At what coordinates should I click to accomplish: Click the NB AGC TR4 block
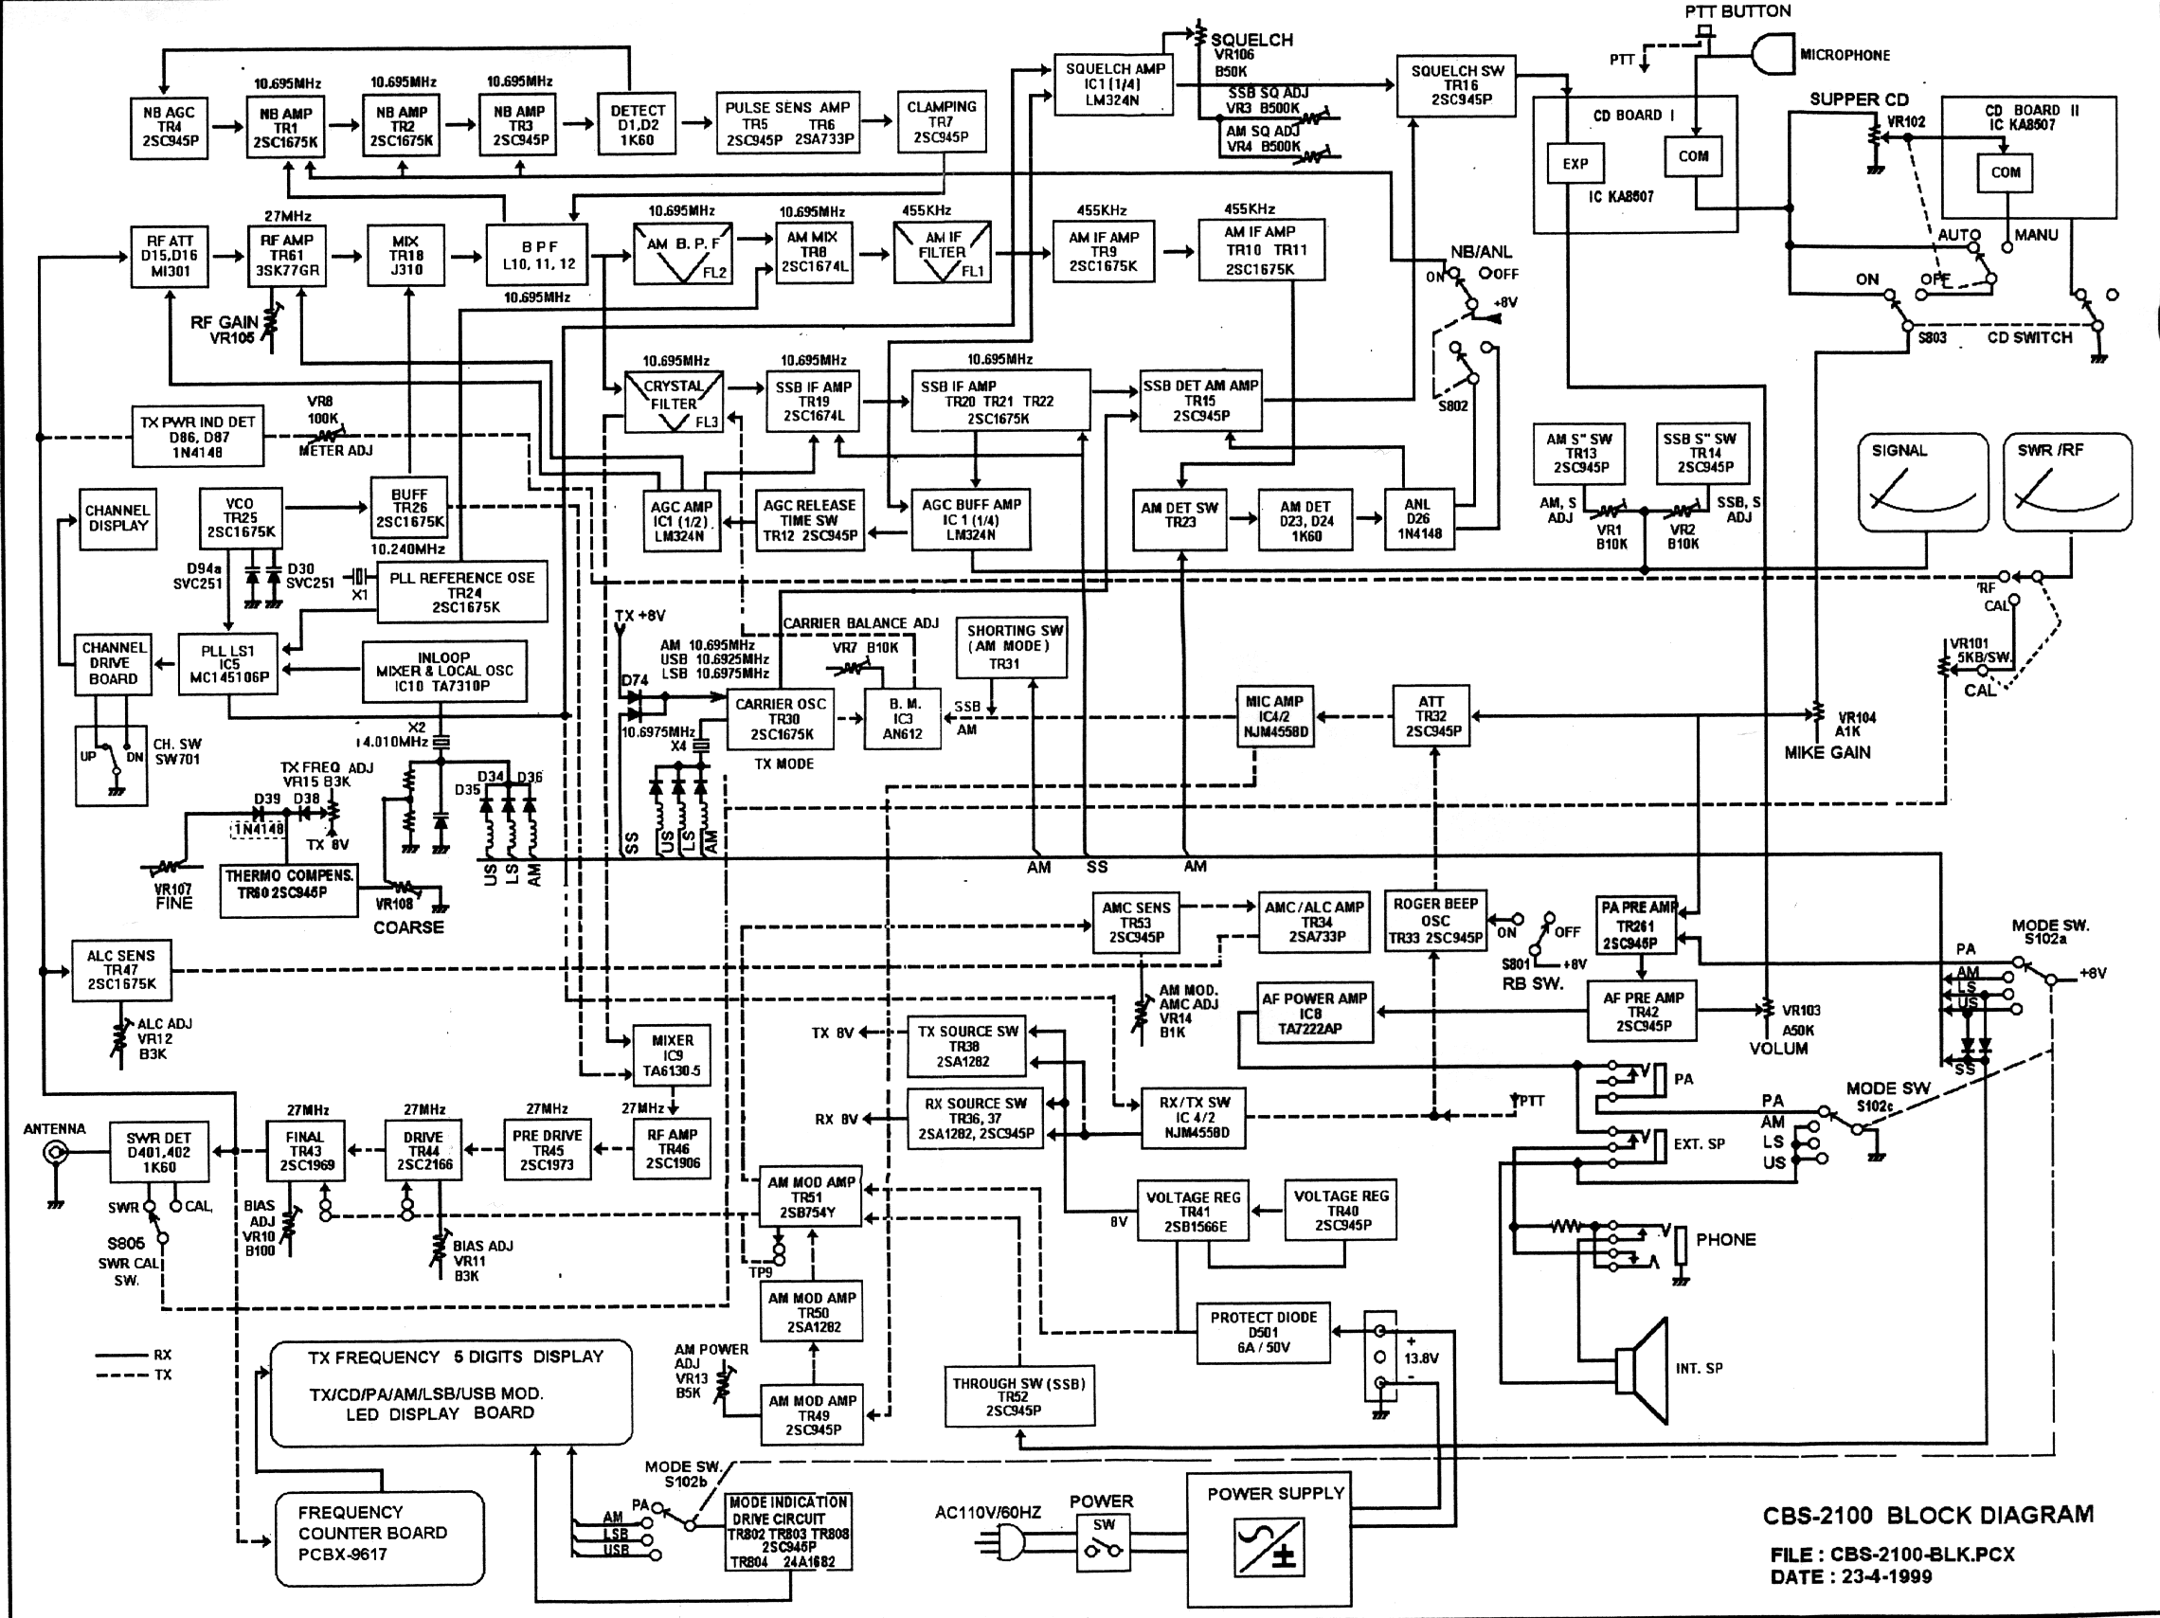point(170,127)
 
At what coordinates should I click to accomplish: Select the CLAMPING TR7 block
point(942,122)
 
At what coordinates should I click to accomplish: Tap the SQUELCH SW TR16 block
point(1457,86)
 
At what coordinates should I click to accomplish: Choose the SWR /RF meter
point(2067,482)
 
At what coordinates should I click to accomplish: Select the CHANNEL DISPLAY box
point(118,518)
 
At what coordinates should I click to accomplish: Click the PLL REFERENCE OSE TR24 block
point(462,592)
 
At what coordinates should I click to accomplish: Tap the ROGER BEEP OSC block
point(1435,921)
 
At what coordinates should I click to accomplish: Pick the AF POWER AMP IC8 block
point(1314,1013)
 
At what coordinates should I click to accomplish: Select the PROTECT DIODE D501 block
point(1264,1333)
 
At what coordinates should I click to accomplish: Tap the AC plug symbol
point(1008,1543)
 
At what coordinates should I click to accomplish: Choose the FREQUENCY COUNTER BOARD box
point(379,1537)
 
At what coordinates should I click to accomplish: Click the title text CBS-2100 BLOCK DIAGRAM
point(1928,1516)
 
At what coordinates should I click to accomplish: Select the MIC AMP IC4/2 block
point(1274,717)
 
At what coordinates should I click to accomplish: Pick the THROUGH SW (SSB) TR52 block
point(1018,1396)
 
